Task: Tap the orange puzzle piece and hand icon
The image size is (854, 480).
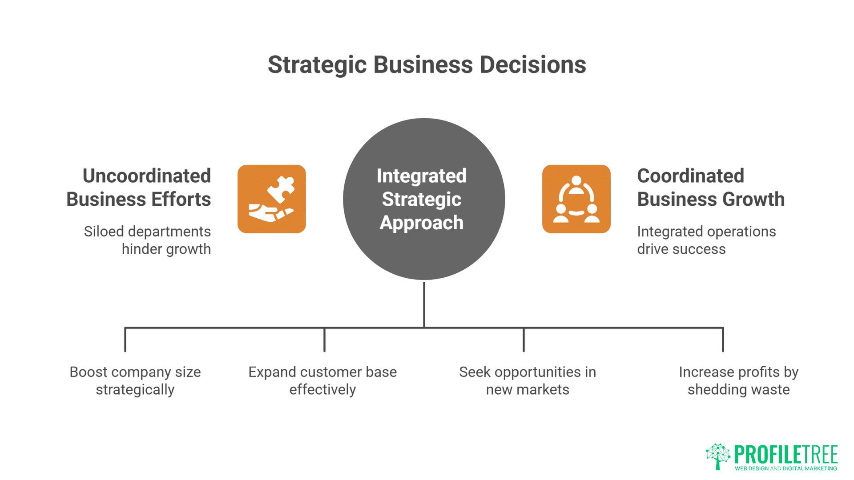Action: (271, 199)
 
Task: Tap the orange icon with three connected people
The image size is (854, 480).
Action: (576, 199)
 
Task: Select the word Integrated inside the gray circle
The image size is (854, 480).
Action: (421, 176)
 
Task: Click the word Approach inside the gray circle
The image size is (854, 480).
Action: (421, 223)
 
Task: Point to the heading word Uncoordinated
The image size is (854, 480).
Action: (146, 176)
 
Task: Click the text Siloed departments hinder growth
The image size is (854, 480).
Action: (148, 240)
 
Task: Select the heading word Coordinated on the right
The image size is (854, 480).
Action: (690, 176)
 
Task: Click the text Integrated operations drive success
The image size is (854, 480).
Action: (706, 240)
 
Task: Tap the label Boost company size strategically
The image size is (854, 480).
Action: (135, 380)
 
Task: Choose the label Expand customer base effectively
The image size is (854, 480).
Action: (322, 380)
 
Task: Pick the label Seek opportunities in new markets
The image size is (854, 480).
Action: (528, 380)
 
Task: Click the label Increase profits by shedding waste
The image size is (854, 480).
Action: (738, 380)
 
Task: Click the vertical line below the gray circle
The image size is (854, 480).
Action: (424, 304)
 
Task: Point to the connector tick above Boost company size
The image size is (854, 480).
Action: (125, 340)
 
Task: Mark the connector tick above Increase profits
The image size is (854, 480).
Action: (723, 340)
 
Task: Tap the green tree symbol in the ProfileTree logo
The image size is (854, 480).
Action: (718, 456)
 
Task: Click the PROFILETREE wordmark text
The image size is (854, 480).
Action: (786, 455)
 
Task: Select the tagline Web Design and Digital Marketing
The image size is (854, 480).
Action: (786, 468)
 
